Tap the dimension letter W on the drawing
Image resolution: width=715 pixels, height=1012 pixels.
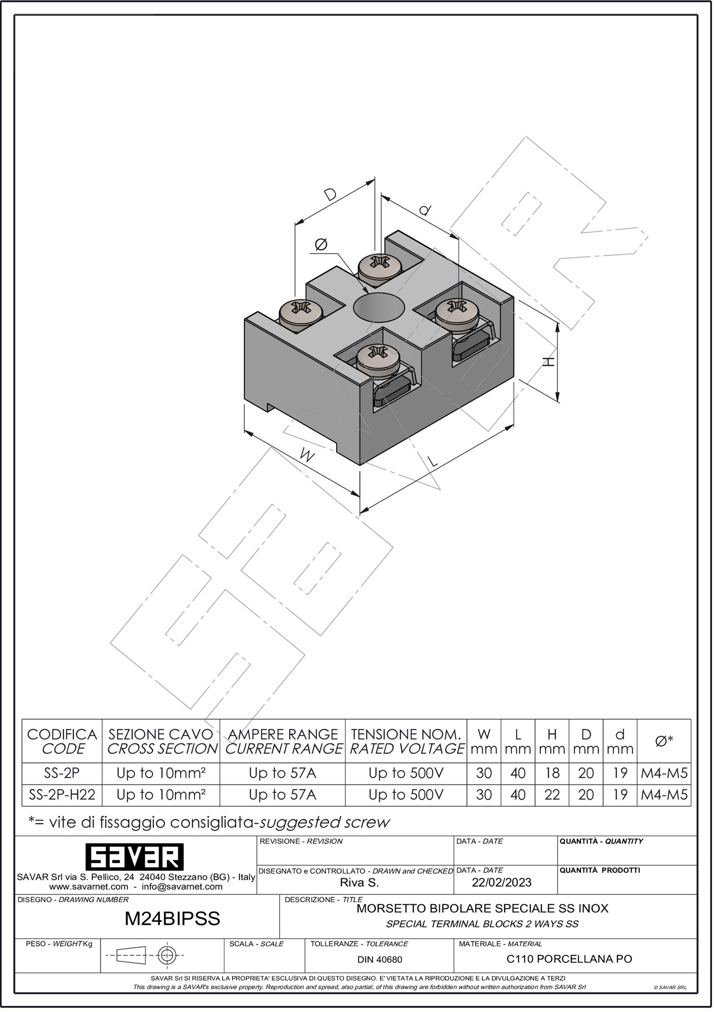pos(306,456)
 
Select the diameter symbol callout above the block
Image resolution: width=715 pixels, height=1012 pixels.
pos(321,245)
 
